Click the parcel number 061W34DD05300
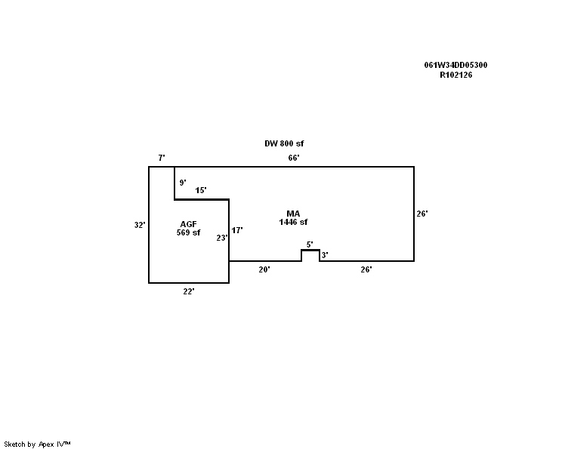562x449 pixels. (455, 65)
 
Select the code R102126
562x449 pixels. (455, 75)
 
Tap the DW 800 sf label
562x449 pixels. (284, 143)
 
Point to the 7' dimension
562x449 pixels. (162, 158)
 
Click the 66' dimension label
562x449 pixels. (294, 158)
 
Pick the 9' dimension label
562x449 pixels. (183, 183)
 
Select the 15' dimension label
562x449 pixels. (201, 191)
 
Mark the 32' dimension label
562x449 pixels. (139, 225)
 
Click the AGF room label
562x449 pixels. (188, 224)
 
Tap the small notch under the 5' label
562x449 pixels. (310, 255)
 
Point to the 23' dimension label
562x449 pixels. (221, 238)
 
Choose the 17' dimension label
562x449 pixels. (237, 230)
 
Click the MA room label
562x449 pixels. (293, 214)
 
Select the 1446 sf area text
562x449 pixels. (293, 223)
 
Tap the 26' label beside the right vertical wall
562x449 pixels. (422, 214)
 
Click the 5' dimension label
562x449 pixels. (309, 244)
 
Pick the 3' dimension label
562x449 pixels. (325, 256)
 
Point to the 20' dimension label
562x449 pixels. (264, 269)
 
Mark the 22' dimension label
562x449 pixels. (189, 291)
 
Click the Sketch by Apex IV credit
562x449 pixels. (37, 444)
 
